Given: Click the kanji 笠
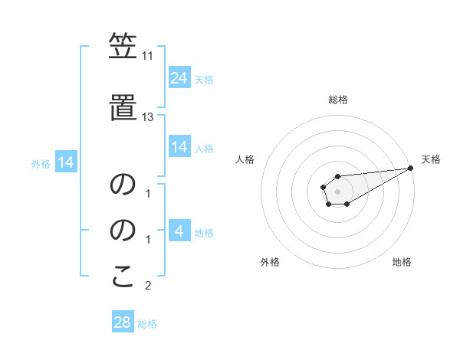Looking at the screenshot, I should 122,47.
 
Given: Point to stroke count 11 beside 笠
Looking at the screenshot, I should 147,57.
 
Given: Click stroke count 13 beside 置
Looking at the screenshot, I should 147,116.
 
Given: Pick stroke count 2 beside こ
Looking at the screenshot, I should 148,286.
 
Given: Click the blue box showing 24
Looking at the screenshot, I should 179,78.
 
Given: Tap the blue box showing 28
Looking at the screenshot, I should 123,322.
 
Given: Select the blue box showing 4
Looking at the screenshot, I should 179,231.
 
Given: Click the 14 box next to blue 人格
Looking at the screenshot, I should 179,147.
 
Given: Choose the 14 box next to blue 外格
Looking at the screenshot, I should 66,162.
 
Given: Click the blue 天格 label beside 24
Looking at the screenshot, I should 204,80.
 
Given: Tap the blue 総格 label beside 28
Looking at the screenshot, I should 147,324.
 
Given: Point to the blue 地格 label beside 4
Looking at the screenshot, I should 204,233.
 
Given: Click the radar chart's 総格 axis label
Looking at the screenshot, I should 337,100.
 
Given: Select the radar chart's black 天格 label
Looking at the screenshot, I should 431,159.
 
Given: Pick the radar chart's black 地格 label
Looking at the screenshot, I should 402,262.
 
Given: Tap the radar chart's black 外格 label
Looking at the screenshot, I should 270,262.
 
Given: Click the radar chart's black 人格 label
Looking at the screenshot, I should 245,159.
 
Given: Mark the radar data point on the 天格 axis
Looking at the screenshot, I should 411,168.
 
